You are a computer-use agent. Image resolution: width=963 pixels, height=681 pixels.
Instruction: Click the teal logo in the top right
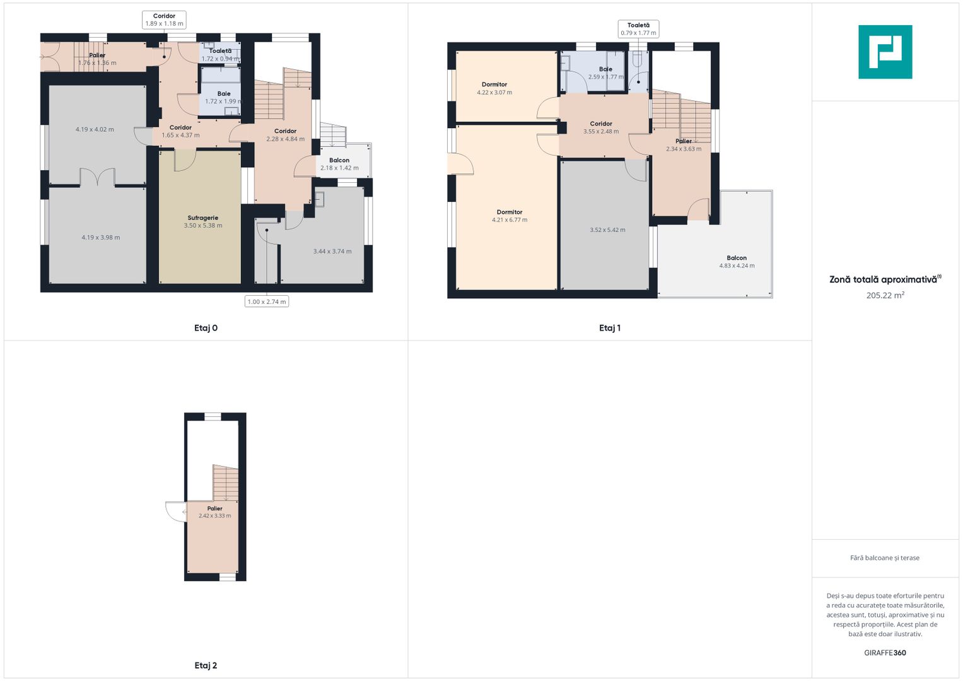885,52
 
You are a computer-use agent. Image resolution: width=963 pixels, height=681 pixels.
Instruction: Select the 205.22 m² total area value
885,295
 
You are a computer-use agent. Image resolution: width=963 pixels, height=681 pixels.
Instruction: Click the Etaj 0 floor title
206,328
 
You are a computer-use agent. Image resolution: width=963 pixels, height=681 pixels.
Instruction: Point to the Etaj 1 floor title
610,328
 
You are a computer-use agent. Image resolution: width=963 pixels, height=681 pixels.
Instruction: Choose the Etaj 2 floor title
206,665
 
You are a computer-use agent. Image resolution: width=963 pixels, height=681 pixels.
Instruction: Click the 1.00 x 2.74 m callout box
267,301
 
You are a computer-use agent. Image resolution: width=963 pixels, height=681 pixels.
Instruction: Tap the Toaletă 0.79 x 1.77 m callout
638,29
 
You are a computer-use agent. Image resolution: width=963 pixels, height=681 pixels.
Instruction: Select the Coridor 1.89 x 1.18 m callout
164,20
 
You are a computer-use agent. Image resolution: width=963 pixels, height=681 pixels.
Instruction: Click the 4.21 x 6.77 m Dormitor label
510,216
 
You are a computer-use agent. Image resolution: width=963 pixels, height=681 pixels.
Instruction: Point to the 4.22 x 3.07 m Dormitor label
494,88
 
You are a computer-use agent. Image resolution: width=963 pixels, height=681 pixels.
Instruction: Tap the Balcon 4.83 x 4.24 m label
737,262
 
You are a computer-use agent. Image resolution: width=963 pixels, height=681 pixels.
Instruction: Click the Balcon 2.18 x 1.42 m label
339,164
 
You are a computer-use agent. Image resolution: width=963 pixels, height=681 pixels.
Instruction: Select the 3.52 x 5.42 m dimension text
607,230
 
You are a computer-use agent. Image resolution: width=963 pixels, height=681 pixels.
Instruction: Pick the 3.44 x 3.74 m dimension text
332,252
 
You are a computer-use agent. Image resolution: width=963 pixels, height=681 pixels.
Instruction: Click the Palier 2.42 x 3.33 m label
214,512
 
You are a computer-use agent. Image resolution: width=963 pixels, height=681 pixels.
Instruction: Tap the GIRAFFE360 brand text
885,653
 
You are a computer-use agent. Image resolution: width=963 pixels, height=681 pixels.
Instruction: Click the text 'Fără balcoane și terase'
885,557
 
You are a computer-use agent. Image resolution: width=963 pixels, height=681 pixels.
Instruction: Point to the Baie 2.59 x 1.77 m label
606,73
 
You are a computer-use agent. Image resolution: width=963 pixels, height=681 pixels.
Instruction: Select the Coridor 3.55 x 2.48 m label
601,127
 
